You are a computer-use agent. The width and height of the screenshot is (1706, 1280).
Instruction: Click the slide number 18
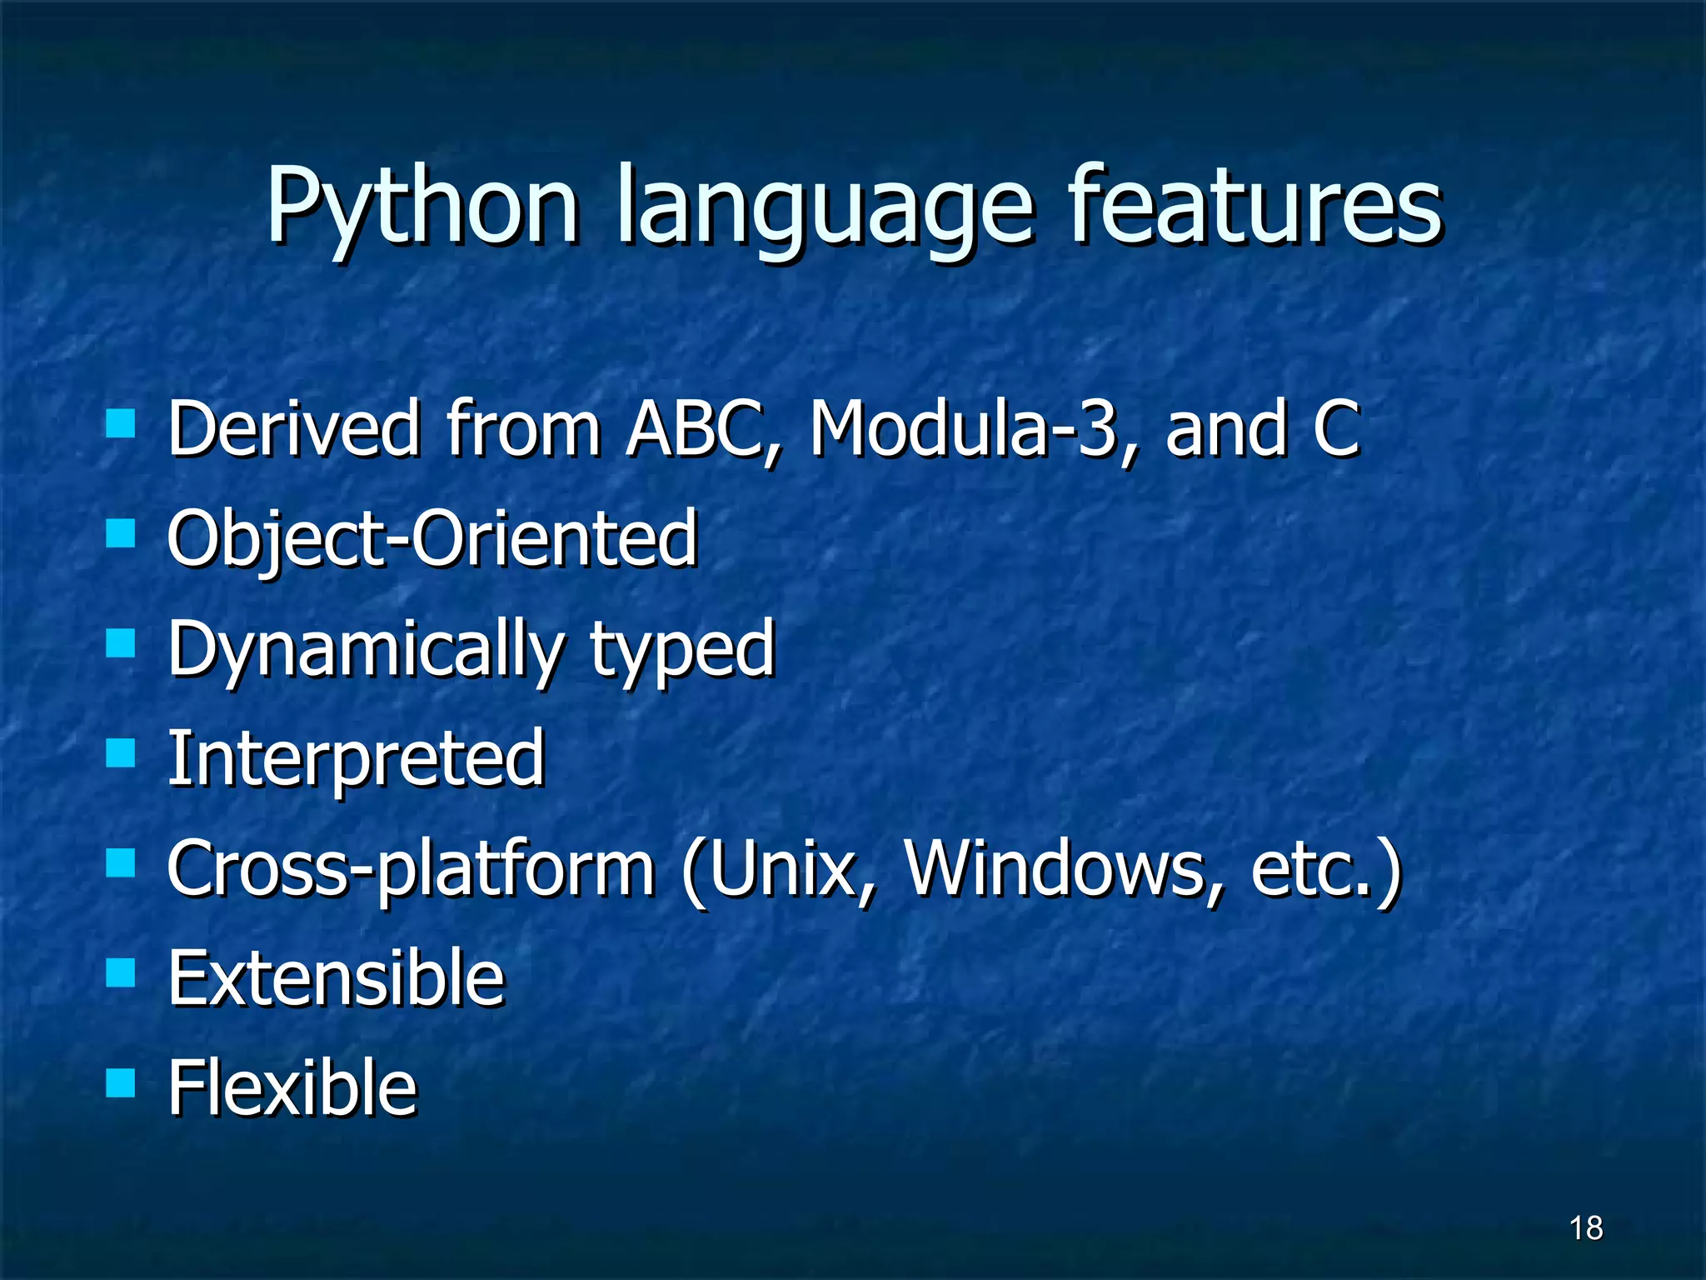[x=1586, y=1228]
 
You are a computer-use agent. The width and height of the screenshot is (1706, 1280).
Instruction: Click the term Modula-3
[x=963, y=428]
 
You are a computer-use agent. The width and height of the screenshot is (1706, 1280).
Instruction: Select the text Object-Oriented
[x=431, y=538]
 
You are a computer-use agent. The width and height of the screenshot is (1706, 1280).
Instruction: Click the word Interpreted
[x=356, y=758]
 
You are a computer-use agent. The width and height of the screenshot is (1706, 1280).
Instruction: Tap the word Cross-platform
[x=410, y=869]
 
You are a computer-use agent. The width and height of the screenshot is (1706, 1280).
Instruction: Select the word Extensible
[x=336, y=978]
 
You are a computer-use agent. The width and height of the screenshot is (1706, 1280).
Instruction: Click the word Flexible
[x=292, y=1087]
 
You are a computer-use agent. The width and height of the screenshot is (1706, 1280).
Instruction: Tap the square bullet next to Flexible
[x=121, y=1083]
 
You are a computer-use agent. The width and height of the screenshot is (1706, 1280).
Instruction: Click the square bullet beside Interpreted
[x=121, y=753]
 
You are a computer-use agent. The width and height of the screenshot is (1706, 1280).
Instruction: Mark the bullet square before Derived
[x=121, y=424]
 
